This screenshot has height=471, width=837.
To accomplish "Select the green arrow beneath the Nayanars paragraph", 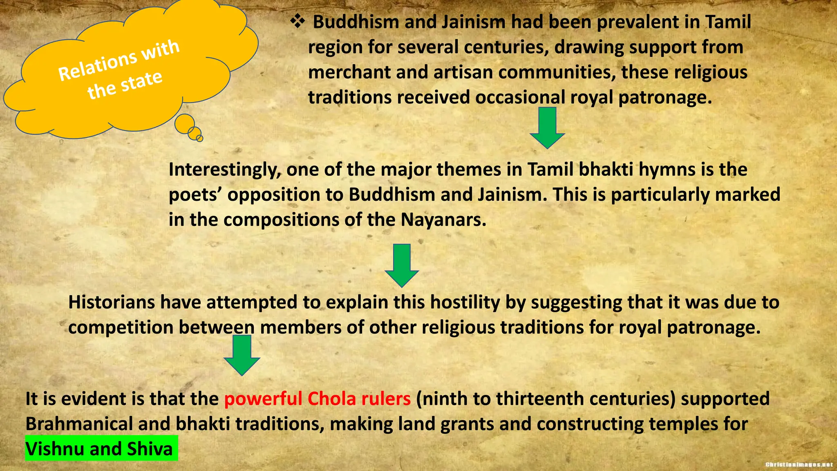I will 402,265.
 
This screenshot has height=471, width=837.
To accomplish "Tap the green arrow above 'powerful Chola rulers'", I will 242,354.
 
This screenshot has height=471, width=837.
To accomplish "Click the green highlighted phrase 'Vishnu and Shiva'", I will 100,449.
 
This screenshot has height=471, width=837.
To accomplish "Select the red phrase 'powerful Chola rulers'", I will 317,399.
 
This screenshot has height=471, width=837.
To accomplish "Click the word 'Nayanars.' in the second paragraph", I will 443,220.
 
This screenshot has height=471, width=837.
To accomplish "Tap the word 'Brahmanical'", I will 79,424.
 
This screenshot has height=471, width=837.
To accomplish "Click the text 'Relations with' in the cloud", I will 119,61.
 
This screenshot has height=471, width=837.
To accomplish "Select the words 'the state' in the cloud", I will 125,85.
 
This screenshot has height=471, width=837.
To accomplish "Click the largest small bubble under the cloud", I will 185,123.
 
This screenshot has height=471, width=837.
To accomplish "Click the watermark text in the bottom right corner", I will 799,464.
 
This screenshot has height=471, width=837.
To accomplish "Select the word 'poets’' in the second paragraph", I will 195,195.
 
